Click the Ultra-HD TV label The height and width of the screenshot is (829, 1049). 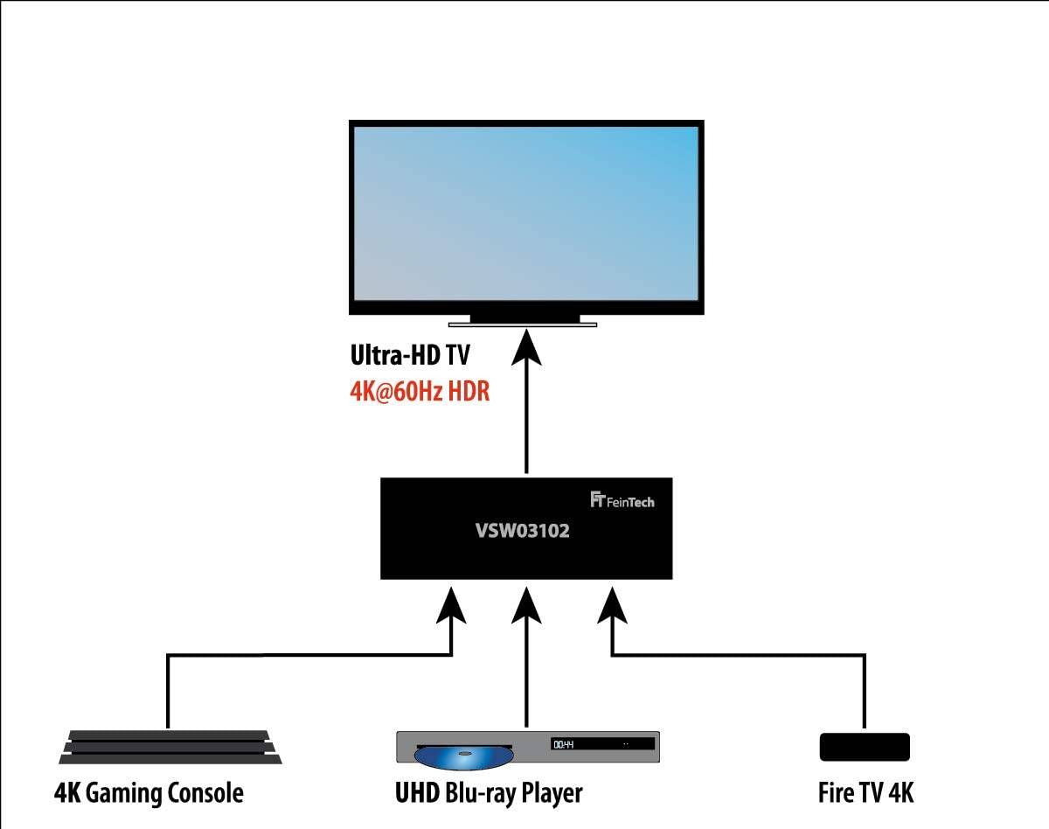[410, 355]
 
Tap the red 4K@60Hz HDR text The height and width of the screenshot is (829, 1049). [420, 392]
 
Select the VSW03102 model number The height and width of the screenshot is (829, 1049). [522, 531]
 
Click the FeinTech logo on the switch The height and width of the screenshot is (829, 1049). [622, 500]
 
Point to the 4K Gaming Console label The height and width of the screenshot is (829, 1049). [149, 793]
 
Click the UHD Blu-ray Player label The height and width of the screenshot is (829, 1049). [489, 793]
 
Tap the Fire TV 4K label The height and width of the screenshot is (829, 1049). [865, 793]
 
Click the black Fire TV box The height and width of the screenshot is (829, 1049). [865, 747]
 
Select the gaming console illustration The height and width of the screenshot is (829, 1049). [170, 747]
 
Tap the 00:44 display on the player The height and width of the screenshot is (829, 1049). [564, 744]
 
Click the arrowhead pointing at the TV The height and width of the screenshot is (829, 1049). [526, 346]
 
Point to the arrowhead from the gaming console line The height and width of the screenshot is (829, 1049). [451, 605]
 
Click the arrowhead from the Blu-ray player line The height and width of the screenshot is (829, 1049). [526, 605]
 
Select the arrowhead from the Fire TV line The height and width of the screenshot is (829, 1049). [612, 605]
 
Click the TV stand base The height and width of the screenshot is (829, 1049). [523, 324]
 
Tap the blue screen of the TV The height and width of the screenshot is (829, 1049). [526, 213]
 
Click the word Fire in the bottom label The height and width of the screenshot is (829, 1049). [835, 793]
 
